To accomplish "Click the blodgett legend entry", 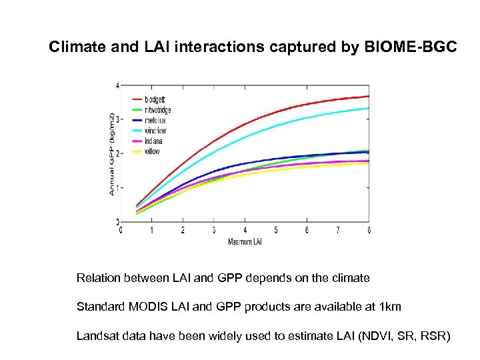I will click(155, 100).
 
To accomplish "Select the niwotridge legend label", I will click(158, 110).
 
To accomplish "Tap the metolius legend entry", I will click(155, 121).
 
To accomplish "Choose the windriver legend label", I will click(156, 131).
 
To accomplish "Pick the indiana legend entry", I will click(153, 141).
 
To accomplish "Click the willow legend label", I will click(153, 151).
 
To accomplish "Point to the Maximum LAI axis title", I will click(245, 241).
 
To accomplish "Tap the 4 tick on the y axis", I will click(118, 85).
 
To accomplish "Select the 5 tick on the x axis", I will click(276, 230).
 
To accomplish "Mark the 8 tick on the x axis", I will click(369, 230).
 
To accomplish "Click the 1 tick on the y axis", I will click(118, 187).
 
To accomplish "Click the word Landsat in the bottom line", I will click(98, 336).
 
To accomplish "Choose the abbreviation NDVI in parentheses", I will click(373, 336).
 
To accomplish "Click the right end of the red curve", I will click(369, 96).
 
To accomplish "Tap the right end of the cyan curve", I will click(369, 108).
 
